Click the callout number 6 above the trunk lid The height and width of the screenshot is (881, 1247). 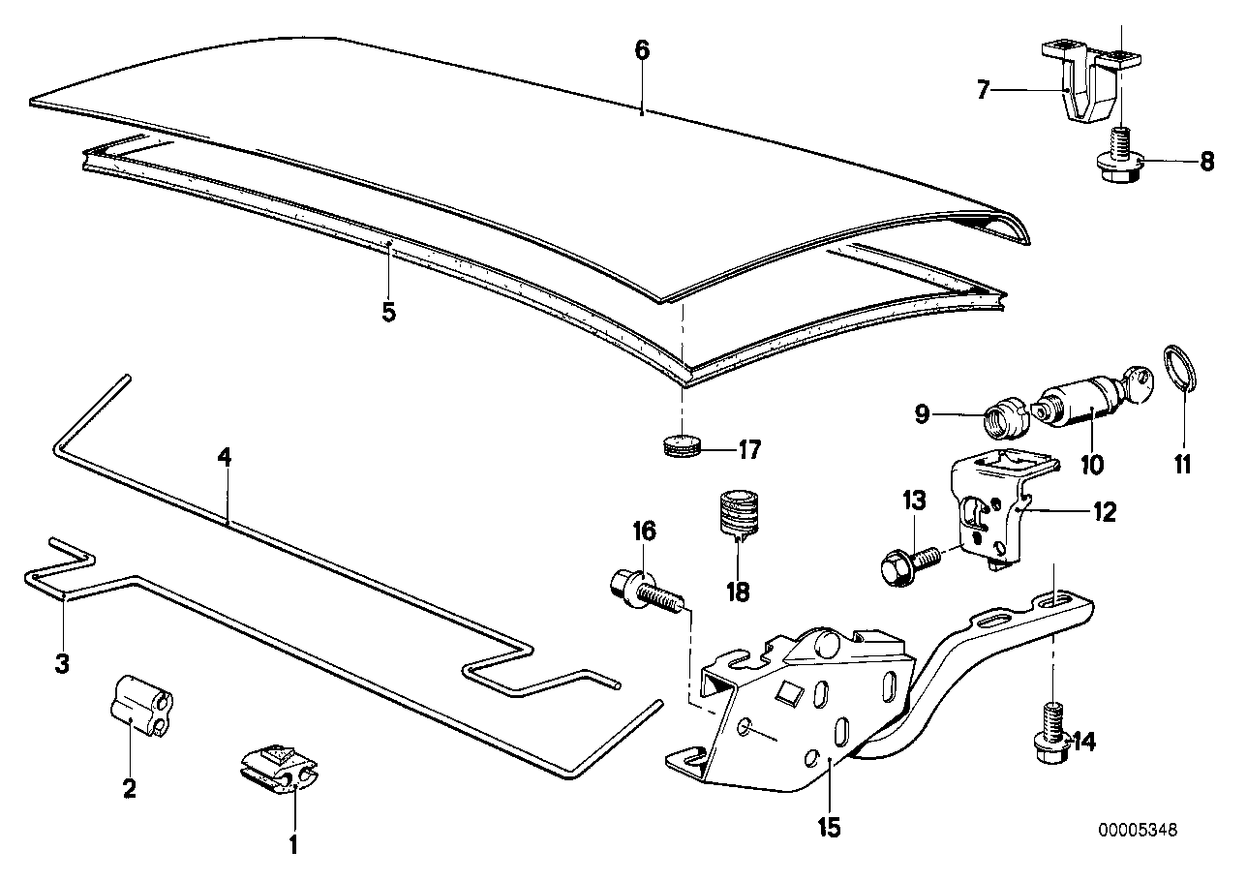[642, 51]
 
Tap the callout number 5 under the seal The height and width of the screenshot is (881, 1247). [388, 313]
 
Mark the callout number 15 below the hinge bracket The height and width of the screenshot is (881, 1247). [828, 828]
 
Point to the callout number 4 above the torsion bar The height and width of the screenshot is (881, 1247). [224, 458]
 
